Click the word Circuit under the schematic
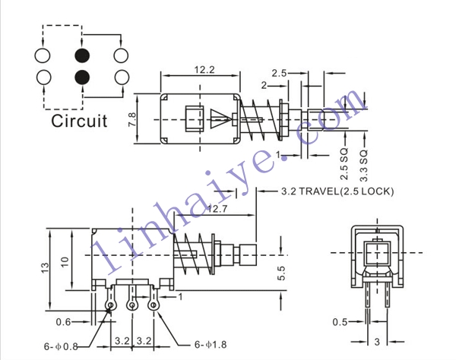(79, 121)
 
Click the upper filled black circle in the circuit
(82, 55)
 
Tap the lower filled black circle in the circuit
(82, 77)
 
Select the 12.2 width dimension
(204, 70)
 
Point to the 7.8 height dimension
(131, 119)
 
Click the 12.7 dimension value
(217, 209)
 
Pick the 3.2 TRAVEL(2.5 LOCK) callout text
(337, 191)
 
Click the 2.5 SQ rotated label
(344, 164)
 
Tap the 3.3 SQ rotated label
(364, 166)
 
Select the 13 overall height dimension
(46, 267)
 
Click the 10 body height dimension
(65, 262)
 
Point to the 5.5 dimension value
(281, 273)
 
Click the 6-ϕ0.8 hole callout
(61, 346)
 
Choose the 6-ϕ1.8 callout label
(211, 345)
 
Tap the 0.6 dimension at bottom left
(63, 322)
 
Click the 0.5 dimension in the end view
(340, 322)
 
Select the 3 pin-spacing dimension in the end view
(377, 342)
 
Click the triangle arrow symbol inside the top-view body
(221, 118)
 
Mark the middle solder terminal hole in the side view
(132, 305)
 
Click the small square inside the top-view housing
(194, 119)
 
